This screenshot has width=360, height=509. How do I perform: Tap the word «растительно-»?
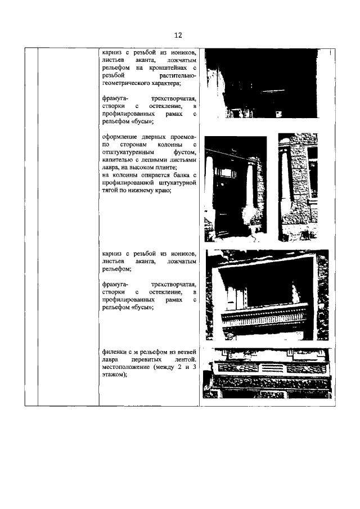click(177, 75)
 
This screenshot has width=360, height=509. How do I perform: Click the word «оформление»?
click(120, 136)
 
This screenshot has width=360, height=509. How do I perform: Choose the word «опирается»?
click(153, 175)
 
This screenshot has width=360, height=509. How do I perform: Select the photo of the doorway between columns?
click(235, 186)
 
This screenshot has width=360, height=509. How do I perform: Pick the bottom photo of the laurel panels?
click(266, 373)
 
